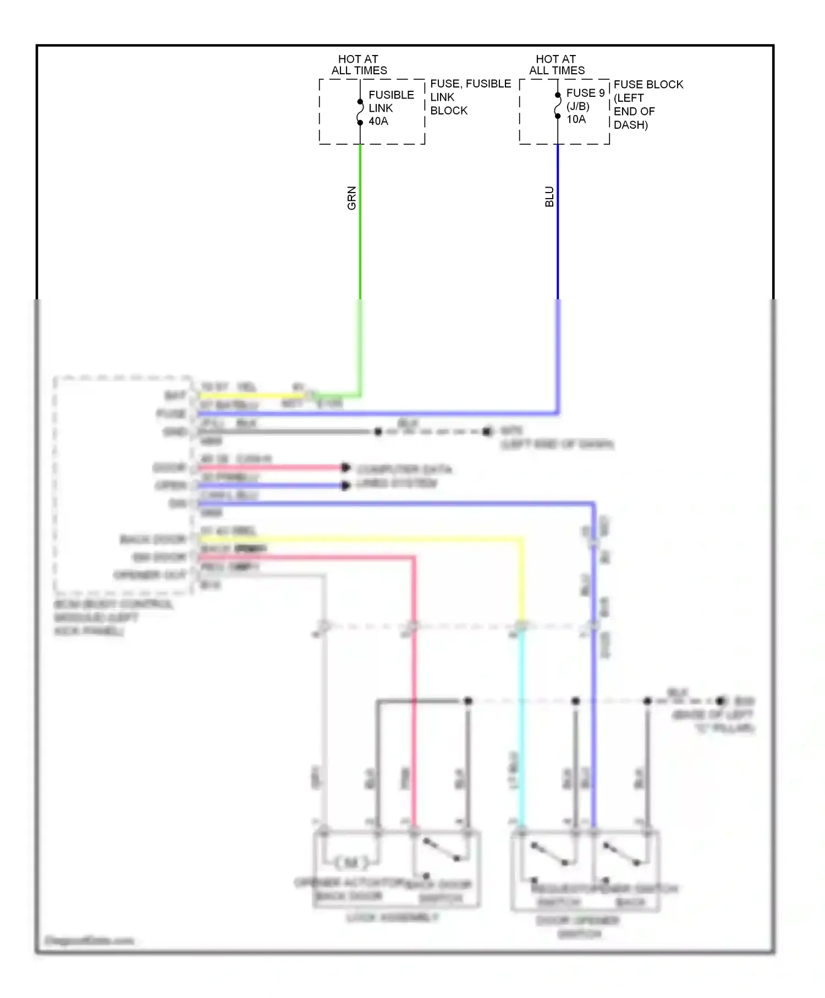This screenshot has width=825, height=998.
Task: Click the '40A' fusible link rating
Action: click(x=378, y=121)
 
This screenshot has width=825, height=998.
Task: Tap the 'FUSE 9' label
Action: click(x=585, y=93)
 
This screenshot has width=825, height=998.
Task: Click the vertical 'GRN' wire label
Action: click(x=352, y=198)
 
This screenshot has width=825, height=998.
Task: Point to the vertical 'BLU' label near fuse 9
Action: click(x=549, y=197)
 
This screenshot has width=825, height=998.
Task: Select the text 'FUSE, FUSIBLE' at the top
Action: click(x=470, y=84)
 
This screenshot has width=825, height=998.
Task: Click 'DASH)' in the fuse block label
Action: click(x=630, y=125)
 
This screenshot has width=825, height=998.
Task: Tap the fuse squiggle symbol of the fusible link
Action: click(x=360, y=112)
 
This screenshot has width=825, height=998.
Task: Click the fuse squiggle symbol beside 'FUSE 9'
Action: click(x=558, y=106)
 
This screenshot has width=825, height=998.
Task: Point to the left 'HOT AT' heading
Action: click(x=358, y=59)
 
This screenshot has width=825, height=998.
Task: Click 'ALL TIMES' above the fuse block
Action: click(x=557, y=70)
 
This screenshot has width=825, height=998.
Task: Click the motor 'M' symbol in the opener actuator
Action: click(x=350, y=862)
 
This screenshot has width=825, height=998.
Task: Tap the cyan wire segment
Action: click(x=521, y=726)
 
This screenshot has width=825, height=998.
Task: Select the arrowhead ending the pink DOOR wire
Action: click(x=345, y=468)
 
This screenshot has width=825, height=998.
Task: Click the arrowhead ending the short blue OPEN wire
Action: click(x=345, y=486)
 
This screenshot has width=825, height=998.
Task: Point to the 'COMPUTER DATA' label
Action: click(x=404, y=469)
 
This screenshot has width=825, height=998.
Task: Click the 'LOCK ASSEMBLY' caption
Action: click(x=393, y=917)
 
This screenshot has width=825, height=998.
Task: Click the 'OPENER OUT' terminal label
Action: click(x=150, y=575)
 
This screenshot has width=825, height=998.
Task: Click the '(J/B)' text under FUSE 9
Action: click(x=577, y=106)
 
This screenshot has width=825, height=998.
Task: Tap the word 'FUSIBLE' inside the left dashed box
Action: click(x=391, y=95)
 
